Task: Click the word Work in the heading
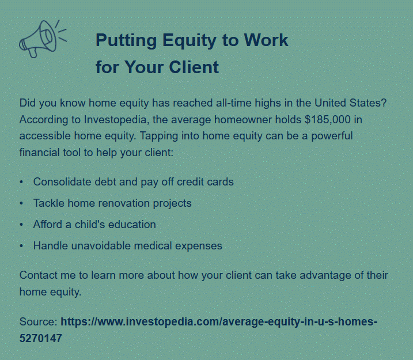[x=266, y=40]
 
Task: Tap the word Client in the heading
[x=194, y=67]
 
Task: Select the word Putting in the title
[x=126, y=41]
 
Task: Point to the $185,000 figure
[x=328, y=120]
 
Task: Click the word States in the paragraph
[x=367, y=103]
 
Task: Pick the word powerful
[x=332, y=137]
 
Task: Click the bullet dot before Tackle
[x=21, y=203]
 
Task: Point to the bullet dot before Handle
[x=21, y=246]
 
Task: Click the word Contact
[x=38, y=275]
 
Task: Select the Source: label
[x=39, y=321]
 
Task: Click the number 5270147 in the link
[x=40, y=339]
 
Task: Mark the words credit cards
[x=205, y=181]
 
